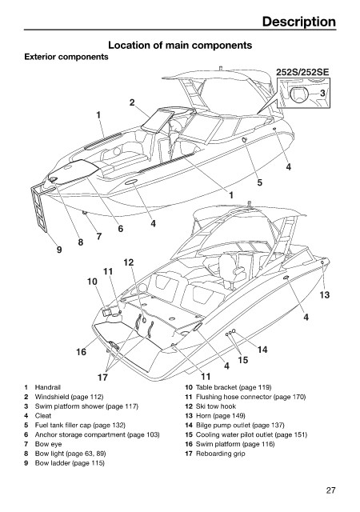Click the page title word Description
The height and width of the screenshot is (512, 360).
click(299, 22)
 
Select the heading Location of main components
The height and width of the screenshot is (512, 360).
click(180, 45)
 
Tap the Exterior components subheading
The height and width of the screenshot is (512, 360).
click(66, 57)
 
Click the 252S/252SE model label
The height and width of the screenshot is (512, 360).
click(302, 72)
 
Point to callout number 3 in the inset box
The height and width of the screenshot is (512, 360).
click(322, 93)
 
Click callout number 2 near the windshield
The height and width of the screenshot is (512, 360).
click(132, 102)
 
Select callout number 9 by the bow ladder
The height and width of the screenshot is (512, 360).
click(59, 250)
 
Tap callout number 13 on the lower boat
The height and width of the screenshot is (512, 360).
click(324, 295)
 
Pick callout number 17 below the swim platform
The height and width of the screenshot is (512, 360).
click(102, 377)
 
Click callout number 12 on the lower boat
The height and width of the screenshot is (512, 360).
click(129, 262)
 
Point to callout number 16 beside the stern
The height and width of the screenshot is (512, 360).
click(82, 352)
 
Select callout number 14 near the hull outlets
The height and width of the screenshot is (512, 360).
click(262, 350)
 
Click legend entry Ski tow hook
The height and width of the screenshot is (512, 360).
click(216, 406)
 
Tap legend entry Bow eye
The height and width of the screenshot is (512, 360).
click(48, 444)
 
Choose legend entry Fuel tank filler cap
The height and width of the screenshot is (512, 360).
click(80, 425)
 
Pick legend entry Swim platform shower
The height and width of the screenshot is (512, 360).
click(86, 406)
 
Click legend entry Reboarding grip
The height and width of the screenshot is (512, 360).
click(220, 454)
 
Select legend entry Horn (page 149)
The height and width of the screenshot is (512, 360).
click(221, 416)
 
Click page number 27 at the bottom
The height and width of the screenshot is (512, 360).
click(330, 490)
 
